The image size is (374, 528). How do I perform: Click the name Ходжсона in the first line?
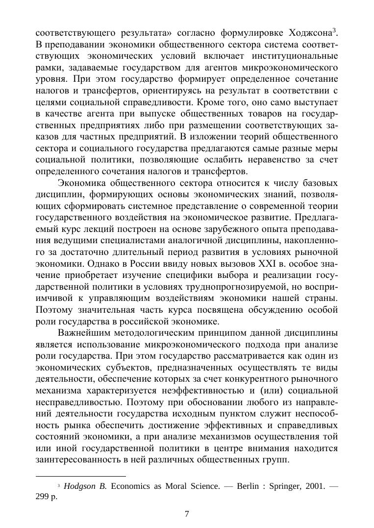[310, 33]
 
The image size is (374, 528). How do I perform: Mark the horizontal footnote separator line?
[81, 476]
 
